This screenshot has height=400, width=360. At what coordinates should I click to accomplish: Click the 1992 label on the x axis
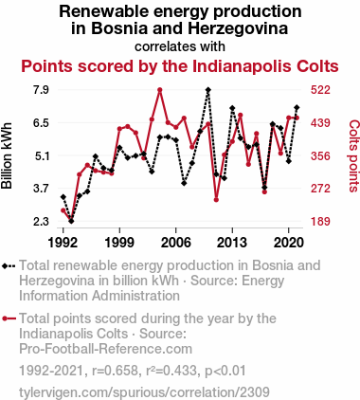pos(63,242)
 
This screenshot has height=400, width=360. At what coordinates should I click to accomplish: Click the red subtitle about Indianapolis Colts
pos(179,68)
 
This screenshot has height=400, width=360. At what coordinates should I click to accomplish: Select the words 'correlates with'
pos(179,45)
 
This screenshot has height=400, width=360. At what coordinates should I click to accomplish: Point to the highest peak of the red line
pos(160,90)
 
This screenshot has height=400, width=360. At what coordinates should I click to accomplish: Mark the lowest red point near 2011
pos(216,200)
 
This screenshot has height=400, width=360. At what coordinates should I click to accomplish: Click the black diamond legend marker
pos(9,265)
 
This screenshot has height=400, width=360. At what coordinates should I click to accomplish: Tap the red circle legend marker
pos(9,318)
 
